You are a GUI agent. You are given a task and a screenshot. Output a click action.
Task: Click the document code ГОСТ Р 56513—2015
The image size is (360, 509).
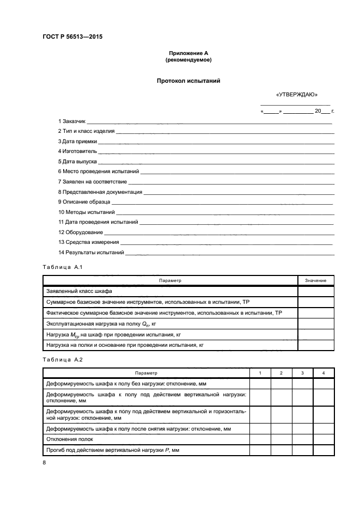(72, 37)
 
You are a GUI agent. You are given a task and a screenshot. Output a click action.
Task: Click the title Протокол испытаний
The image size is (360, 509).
(188, 81)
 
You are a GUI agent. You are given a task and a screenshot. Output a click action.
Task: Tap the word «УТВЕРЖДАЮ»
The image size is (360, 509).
(297, 95)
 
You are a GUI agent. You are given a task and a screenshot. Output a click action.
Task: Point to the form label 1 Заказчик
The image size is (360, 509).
(72, 120)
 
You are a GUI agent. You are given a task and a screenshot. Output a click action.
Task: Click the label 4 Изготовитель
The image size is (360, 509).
(77, 151)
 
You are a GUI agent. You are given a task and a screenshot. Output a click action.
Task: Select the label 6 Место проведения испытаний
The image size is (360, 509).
(99, 171)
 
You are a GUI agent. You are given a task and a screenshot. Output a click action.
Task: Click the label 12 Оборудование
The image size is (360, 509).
(81, 232)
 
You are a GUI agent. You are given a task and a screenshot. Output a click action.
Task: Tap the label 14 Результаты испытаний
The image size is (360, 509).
(91, 253)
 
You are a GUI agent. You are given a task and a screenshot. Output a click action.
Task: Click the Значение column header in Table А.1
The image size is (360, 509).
(315, 280)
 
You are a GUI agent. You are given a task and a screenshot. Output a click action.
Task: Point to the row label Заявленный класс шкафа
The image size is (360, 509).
(79, 291)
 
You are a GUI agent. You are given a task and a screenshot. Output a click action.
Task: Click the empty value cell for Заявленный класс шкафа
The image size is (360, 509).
(315, 291)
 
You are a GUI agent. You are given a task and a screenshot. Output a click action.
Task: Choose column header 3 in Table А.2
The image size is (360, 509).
(302, 373)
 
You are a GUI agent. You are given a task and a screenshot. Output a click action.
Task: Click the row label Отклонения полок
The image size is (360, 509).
(70, 439)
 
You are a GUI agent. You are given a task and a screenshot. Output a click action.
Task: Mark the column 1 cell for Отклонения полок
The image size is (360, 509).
(260, 439)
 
